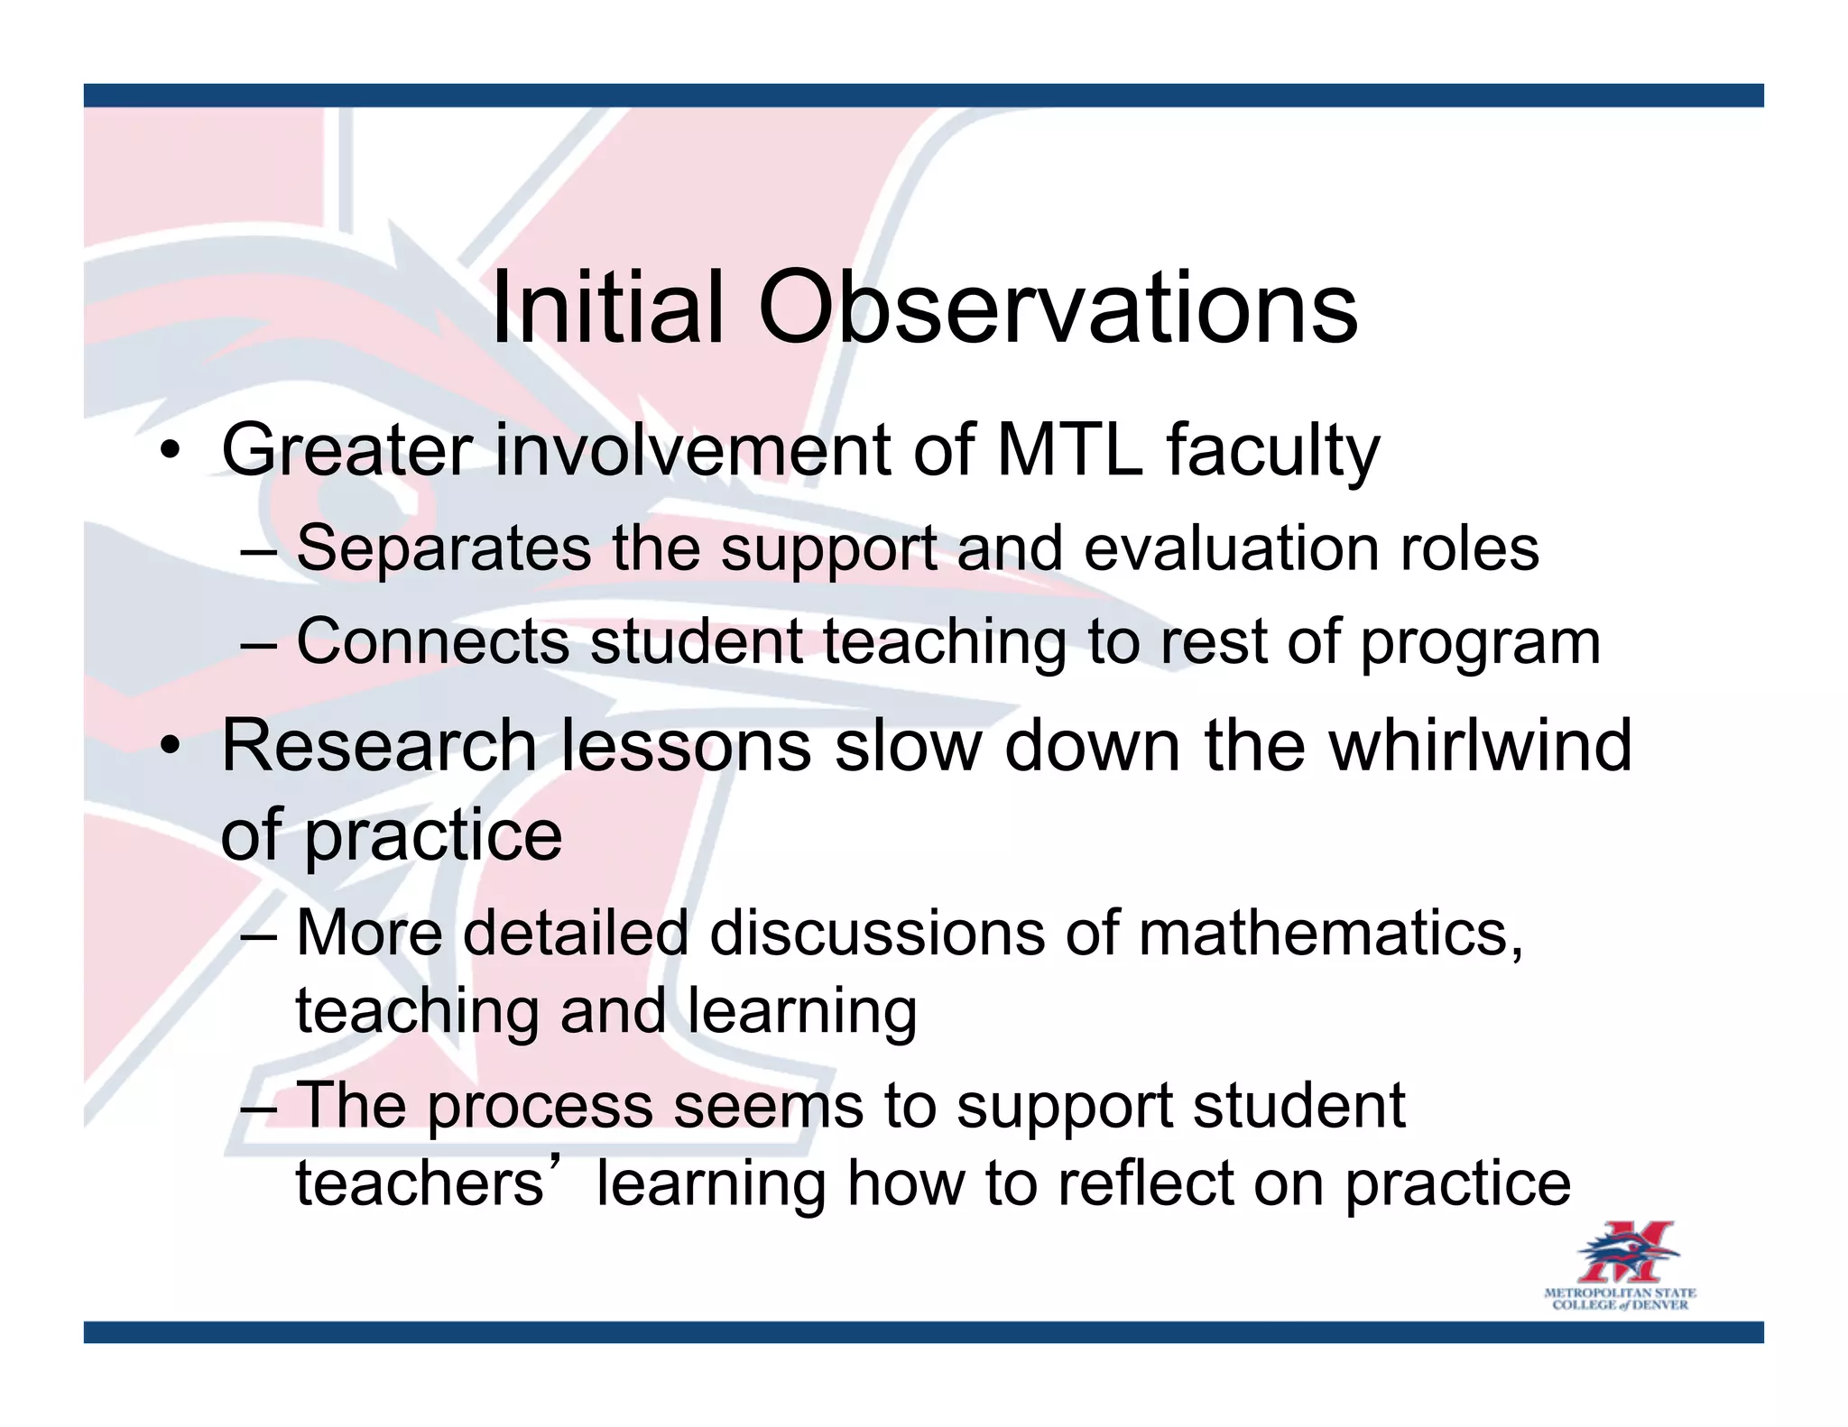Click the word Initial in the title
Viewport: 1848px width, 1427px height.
click(x=607, y=308)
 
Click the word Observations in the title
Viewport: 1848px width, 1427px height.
click(x=1057, y=308)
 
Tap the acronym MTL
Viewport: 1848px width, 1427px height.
click(x=1068, y=450)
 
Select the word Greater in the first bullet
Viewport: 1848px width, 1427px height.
click(x=347, y=450)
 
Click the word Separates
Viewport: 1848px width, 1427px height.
click(x=443, y=549)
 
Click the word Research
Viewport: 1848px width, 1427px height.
click(x=379, y=746)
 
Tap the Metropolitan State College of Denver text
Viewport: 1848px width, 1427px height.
click(x=1620, y=1299)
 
